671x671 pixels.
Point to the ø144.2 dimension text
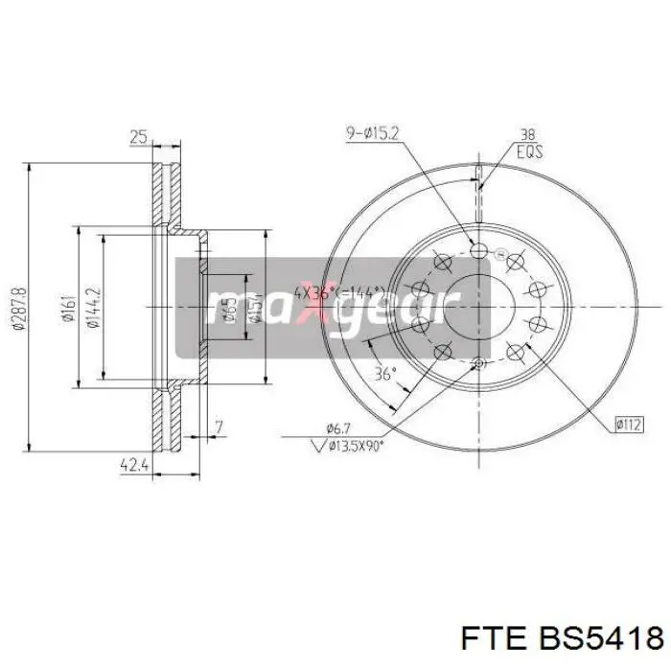tap(92, 308)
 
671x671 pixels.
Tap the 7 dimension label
tap(220, 427)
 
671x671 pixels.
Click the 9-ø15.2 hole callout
tap(372, 133)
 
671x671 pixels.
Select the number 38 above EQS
tap(527, 135)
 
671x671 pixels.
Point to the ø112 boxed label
tap(628, 422)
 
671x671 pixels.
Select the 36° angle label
tap(384, 375)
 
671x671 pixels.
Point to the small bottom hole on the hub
tap(478, 362)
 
